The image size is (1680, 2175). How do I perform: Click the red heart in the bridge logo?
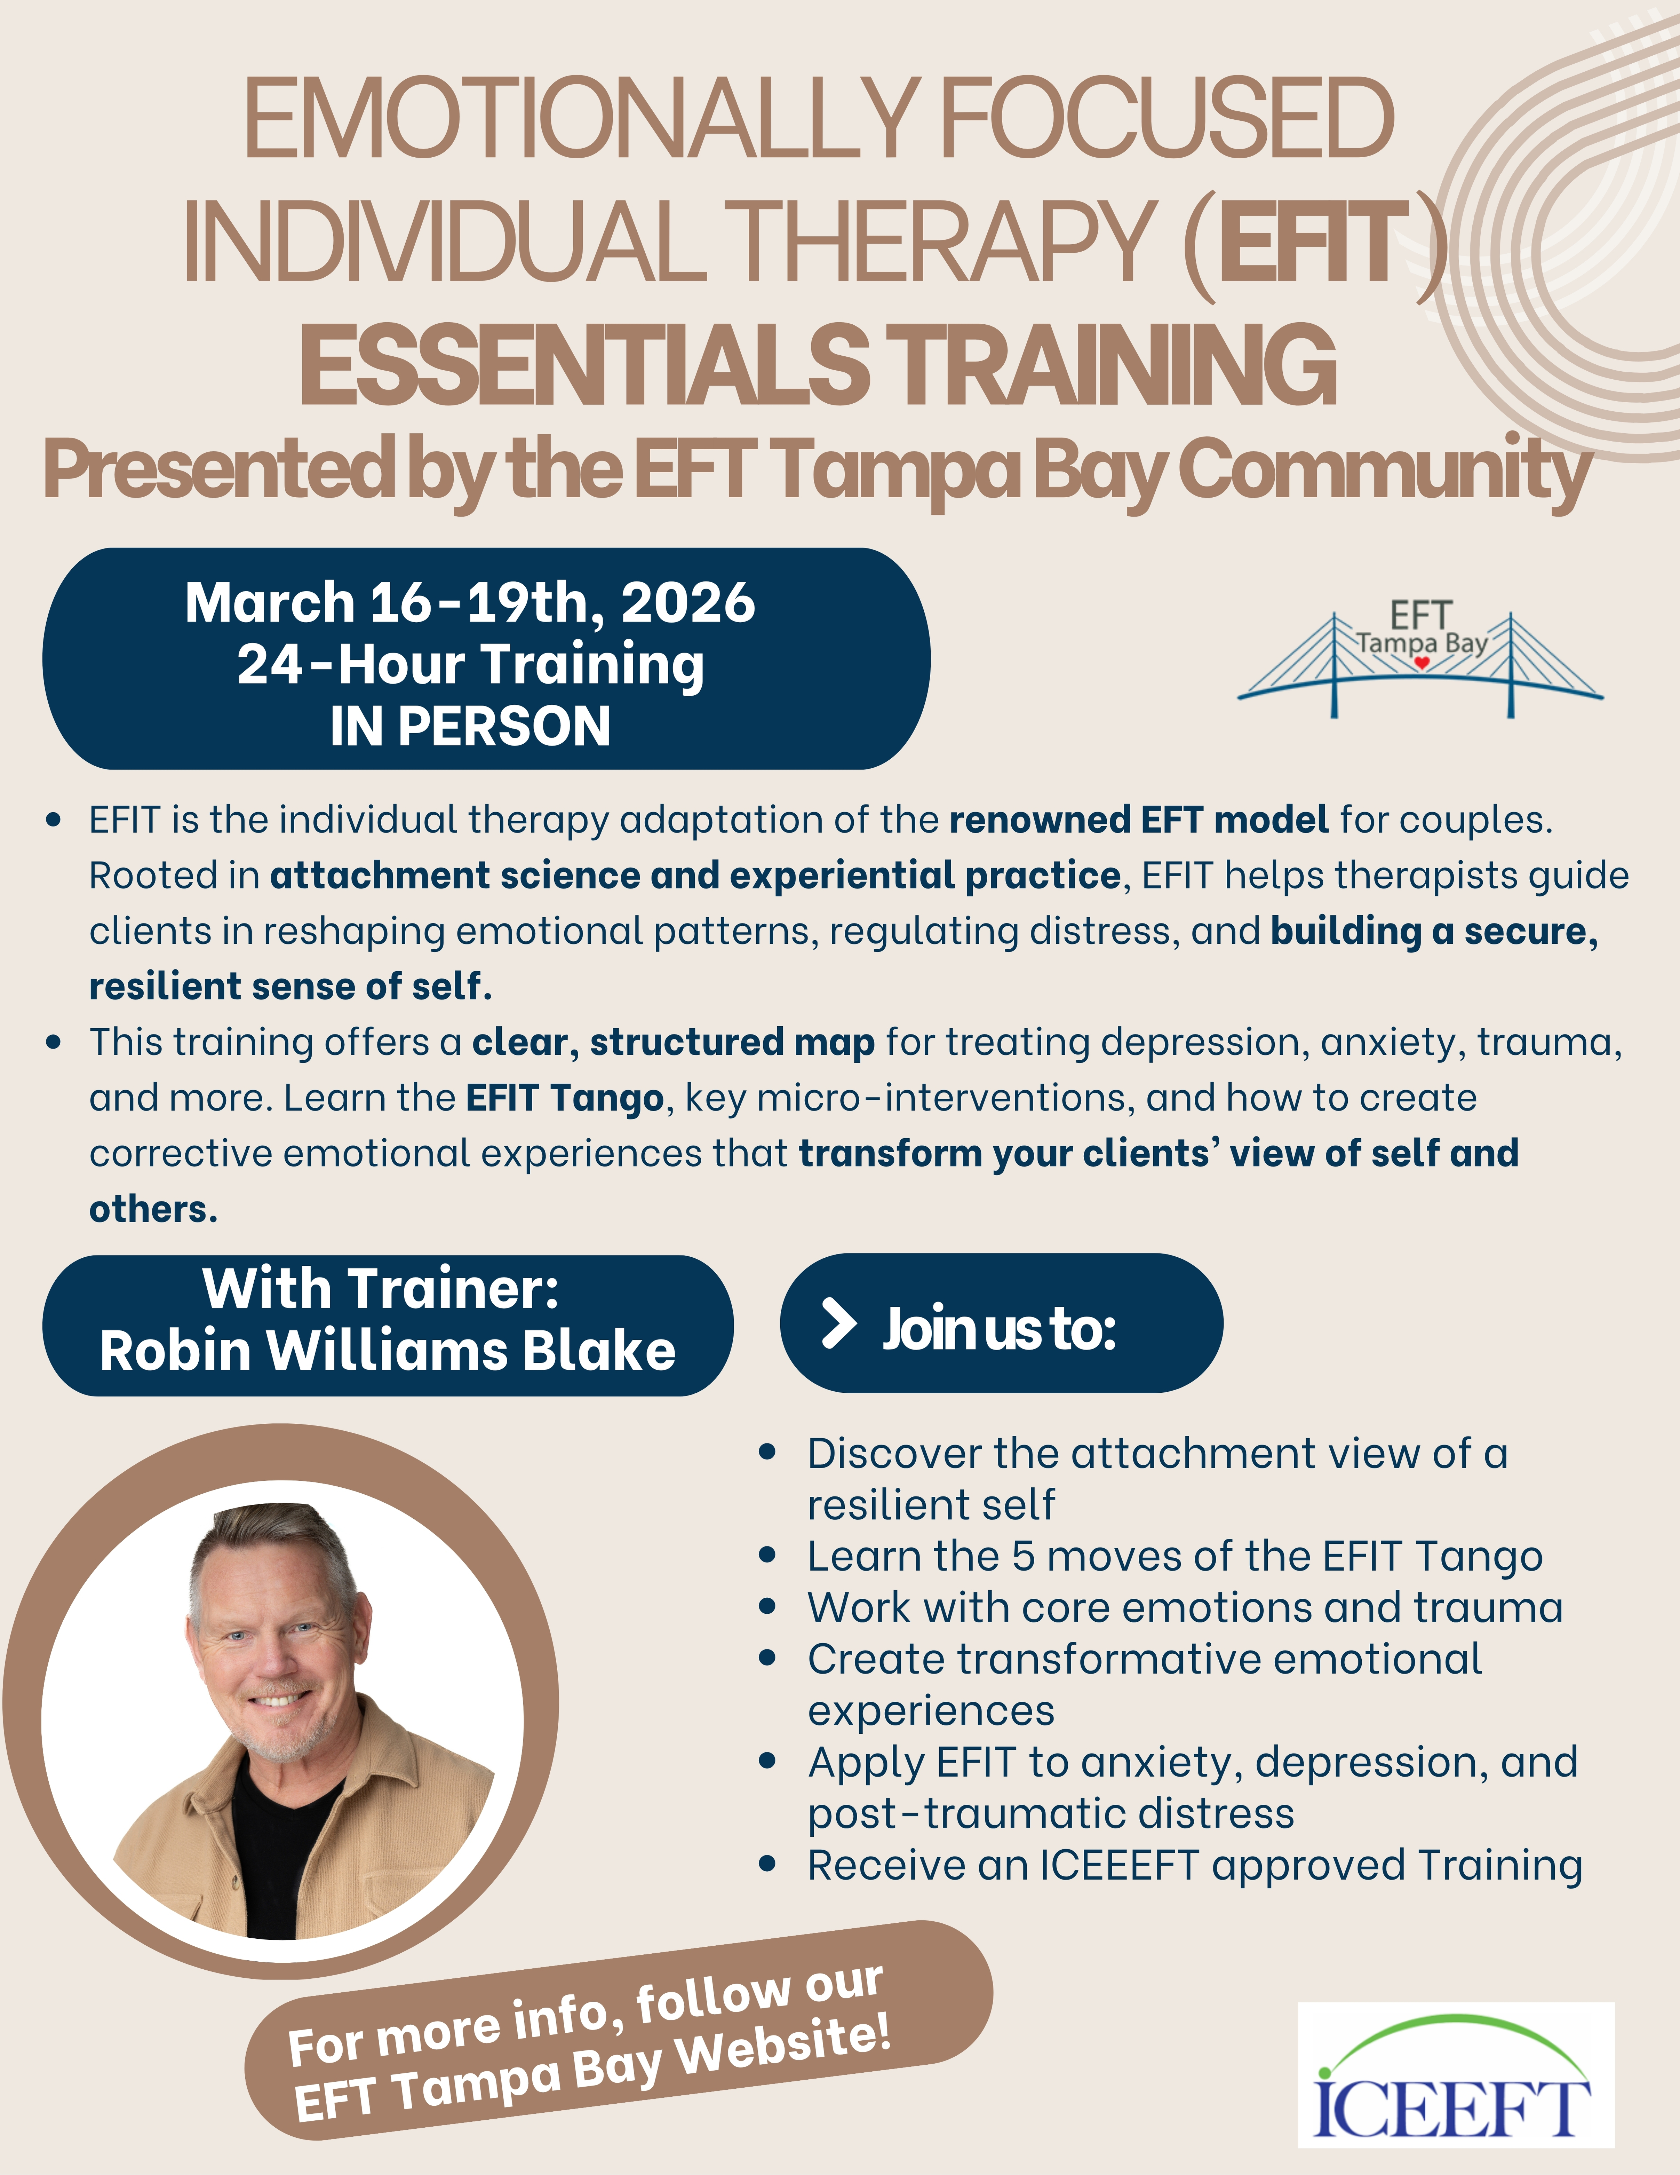coord(1422,662)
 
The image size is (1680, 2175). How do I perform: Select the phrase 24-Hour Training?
coord(470,665)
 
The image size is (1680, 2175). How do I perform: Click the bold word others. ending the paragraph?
coord(153,1209)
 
